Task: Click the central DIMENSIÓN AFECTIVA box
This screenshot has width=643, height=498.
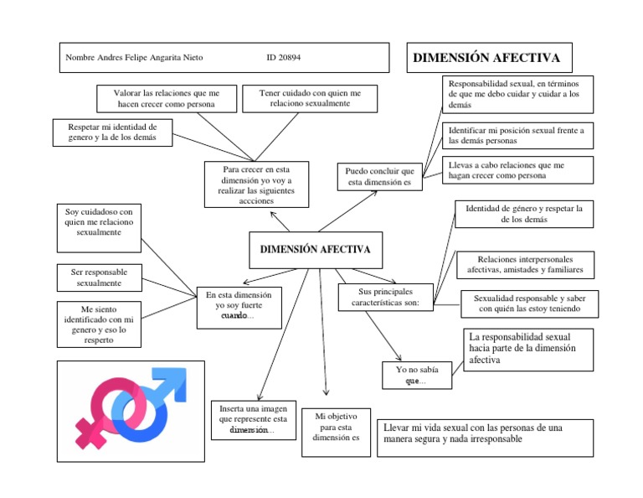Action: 316,250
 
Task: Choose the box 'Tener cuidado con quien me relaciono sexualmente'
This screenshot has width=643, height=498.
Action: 310,98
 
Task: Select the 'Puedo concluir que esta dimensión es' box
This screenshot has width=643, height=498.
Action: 380,176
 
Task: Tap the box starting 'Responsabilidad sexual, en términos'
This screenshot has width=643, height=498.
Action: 517,95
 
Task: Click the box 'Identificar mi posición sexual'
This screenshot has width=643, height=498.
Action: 517,135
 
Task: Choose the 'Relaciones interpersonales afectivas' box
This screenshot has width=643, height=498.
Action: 525,264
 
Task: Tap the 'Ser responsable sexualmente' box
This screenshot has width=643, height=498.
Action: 99,278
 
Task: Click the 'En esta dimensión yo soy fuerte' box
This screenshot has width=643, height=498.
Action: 239,305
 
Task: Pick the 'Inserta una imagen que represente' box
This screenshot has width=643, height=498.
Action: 253,418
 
